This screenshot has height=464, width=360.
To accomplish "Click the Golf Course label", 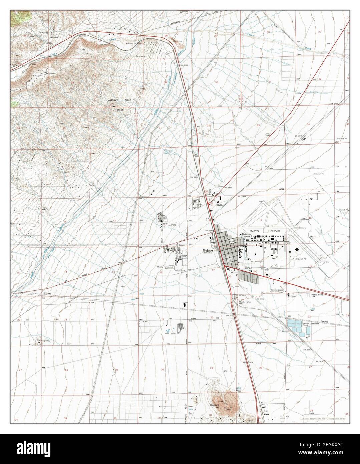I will [170, 332].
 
